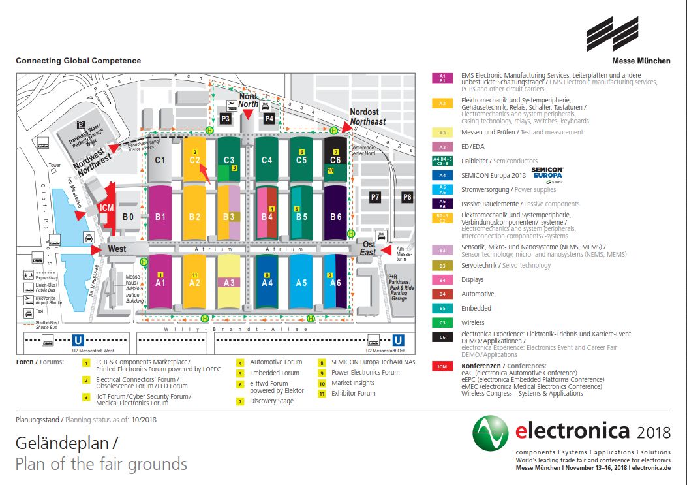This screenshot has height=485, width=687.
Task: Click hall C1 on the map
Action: (x=160, y=160)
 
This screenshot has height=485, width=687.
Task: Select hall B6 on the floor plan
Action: (x=336, y=216)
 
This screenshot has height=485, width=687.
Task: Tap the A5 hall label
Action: (x=301, y=283)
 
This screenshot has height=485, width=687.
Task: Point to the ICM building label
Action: (x=107, y=208)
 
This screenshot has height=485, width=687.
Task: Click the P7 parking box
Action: (x=375, y=196)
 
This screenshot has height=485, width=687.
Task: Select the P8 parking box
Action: (x=407, y=196)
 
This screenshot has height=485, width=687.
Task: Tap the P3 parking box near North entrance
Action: (x=226, y=118)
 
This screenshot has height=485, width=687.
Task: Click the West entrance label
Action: (x=117, y=249)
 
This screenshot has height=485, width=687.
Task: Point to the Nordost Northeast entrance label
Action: (x=367, y=117)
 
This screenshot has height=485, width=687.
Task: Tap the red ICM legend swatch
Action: (x=442, y=367)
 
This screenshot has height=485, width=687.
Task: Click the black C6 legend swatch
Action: (x=442, y=337)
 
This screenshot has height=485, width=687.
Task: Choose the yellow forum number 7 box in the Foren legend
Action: (x=241, y=401)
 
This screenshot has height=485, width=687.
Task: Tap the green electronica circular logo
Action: (x=491, y=433)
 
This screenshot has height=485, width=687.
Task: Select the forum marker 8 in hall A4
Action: (x=267, y=275)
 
